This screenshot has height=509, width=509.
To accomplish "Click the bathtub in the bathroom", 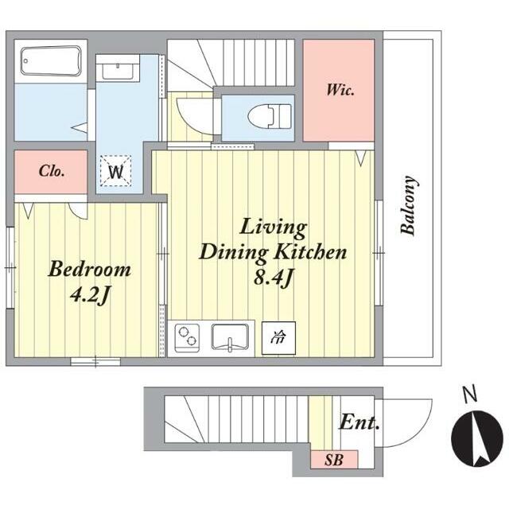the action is pyautogui.click(x=51, y=61).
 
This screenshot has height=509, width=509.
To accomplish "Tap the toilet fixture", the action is pyautogui.click(x=270, y=116).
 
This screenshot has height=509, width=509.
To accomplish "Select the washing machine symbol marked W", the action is pyautogui.click(x=115, y=171).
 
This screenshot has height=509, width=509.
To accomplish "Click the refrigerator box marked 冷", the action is pyautogui.click(x=278, y=338).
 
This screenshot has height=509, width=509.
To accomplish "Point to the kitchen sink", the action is pyautogui.click(x=230, y=337).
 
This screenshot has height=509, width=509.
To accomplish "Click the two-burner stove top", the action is pyautogui.click(x=187, y=338).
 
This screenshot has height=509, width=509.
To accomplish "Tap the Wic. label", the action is pyautogui.click(x=340, y=90).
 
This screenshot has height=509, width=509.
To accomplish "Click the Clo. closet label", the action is pyautogui.click(x=51, y=171).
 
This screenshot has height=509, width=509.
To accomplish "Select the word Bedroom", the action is pyautogui.click(x=89, y=269).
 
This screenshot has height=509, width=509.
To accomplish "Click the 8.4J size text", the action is pyautogui.click(x=274, y=278).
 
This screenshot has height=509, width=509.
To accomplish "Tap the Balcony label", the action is pyautogui.click(x=409, y=205).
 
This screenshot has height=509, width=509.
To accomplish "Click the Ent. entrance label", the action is pyautogui.click(x=359, y=422).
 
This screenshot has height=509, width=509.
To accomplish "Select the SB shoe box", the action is pyautogui.click(x=334, y=460).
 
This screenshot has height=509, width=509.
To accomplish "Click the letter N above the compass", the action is pyautogui.click(x=469, y=394).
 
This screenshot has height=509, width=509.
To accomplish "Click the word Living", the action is pyautogui.click(x=273, y=229).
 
